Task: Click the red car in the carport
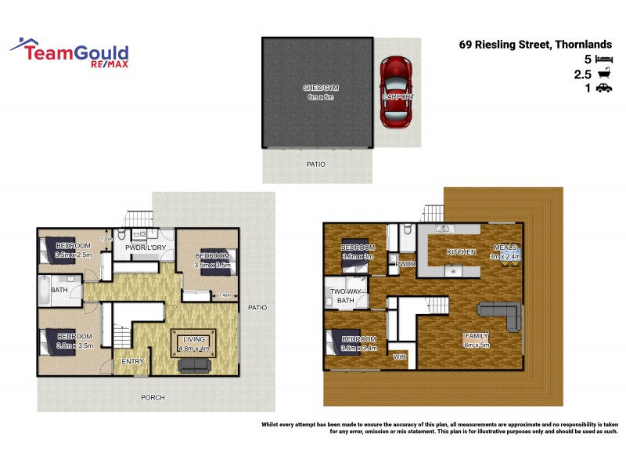tap(398, 92)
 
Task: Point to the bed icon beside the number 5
tap(603, 60)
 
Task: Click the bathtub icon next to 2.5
tap(603, 74)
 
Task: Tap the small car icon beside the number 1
tap(603, 89)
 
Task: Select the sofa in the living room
tap(196, 365)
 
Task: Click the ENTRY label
tap(133, 361)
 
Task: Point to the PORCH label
tap(153, 397)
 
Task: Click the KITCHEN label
tap(461, 252)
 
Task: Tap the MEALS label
tap(505, 248)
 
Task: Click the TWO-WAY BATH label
tap(346, 295)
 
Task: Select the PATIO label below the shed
tap(315, 164)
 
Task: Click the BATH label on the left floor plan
tap(59, 289)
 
